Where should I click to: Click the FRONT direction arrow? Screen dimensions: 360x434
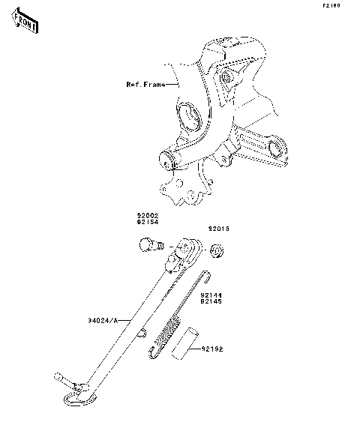[25, 20]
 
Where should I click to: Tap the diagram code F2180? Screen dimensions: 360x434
[331, 6]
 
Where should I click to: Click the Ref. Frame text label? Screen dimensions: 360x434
[145, 85]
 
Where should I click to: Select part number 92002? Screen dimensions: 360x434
[148, 215]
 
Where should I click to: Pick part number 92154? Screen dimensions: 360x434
[148, 222]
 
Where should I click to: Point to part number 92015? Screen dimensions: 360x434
[219, 229]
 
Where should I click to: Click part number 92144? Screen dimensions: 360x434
[211, 295]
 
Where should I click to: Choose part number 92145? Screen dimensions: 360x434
[211, 301]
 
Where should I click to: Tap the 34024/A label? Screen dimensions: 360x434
[103, 321]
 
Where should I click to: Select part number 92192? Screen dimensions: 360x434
[212, 349]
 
